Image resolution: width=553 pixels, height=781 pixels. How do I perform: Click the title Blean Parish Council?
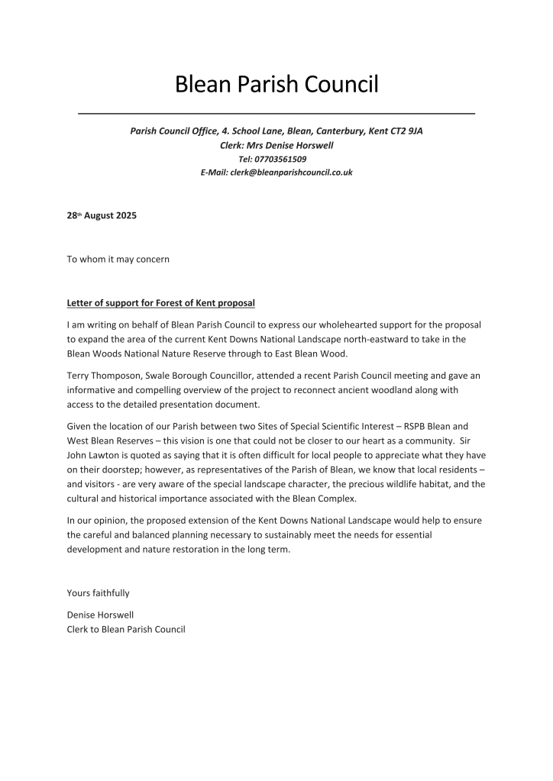coord(276,84)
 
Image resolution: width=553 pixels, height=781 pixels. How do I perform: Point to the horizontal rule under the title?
coord(276,114)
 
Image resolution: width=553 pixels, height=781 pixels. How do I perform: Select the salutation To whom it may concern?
coord(118,259)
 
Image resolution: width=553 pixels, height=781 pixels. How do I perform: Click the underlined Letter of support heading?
coord(160,303)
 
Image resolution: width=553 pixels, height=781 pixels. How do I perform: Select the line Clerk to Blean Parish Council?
coord(126,630)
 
